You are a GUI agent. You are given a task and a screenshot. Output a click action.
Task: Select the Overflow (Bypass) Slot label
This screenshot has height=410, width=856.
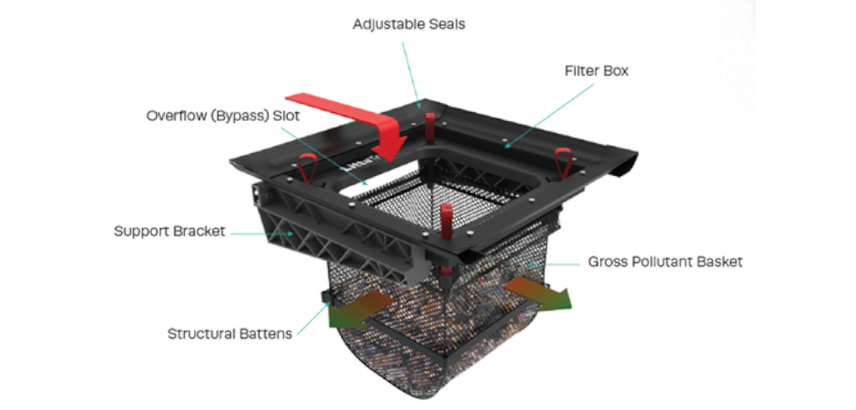(224, 117)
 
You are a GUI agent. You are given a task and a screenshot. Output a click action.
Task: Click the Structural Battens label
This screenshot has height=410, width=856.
(229, 333)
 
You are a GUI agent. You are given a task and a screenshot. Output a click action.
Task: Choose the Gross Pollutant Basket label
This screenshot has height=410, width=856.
(665, 262)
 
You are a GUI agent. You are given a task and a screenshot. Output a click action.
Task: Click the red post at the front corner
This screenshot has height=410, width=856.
(446, 223)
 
